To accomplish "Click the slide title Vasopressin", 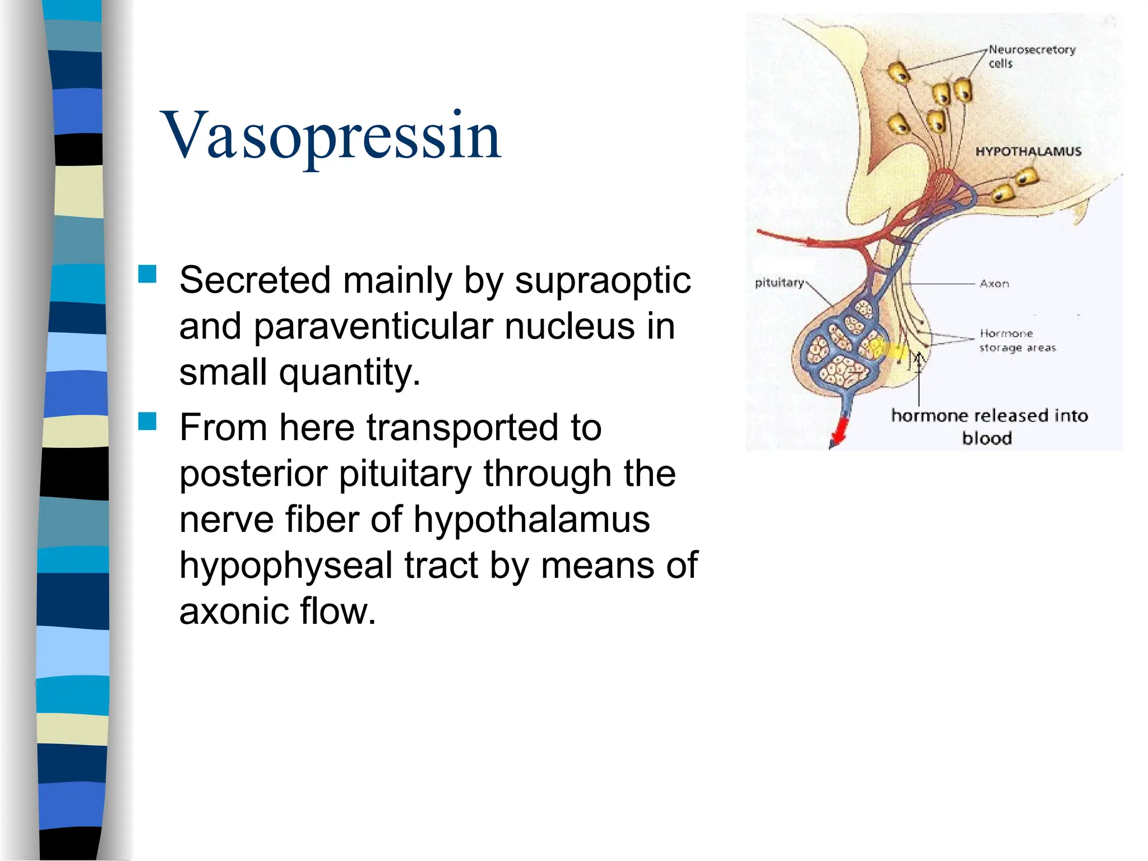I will pyautogui.click(x=331, y=136).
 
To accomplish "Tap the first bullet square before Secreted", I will pyautogui.click(x=147, y=275).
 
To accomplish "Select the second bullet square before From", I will pyautogui.click(x=147, y=421).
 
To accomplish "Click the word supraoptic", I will pyautogui.click(x=603, y=280).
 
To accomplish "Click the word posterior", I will pyautogui.click(x=253, y=474).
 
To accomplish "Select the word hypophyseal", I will pyautogui.click(x=285, y=565).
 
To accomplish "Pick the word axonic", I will pyautogui.click(x=234, y=611).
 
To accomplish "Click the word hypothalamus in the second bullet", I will pyautogui.click(x=531, y=520).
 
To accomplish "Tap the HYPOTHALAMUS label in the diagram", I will pyautogui.click(x=1028, y=151).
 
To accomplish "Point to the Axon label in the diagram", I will pyautogui.click(x=994, y=284).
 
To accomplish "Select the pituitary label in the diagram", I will pyautogui.click(x=779, y=283).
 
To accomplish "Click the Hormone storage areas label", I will pyautogui.click(x=1017, y=341).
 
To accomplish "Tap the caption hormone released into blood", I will pyautogui.click(x=989, y=427).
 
